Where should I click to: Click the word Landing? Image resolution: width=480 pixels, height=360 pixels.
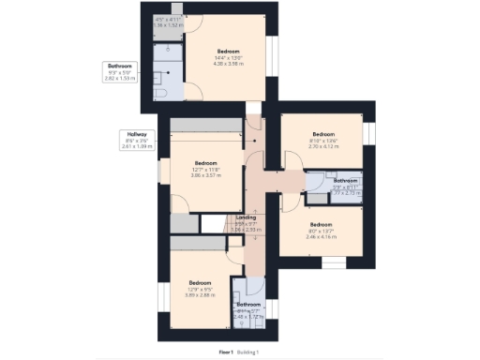[x=246, y=217]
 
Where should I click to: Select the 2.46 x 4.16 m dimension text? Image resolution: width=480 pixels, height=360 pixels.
[x=322, y=236]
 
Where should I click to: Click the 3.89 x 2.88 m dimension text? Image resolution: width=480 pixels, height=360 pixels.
[x=200, y=295]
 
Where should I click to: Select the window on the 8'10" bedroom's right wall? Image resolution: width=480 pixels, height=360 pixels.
[x=367, y=135]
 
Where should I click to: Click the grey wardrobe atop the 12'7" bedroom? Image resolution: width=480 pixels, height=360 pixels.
[x=205, y=124]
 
